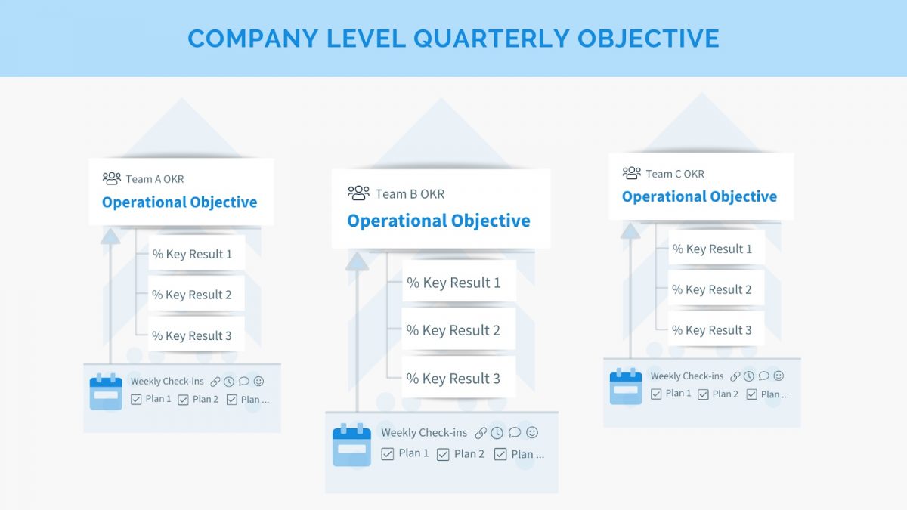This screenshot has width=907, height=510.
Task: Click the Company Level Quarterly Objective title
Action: coord(453,39)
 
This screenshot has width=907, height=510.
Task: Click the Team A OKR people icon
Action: coord(112,178)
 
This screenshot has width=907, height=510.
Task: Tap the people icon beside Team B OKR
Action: coord(358,193)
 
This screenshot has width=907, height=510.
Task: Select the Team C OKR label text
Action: coord(675,174)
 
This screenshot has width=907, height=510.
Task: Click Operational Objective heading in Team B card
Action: coord(438,221)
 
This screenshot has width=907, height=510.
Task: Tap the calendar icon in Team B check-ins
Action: coord(351,445)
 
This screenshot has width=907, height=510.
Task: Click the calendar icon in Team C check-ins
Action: coord(625,386)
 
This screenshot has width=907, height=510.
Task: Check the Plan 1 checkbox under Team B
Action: coord(388,454)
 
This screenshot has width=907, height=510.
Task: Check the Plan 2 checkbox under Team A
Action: coord(183,400)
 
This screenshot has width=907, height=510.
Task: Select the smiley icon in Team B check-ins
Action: coord(532,432)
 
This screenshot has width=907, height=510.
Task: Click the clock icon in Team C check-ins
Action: coord(749,376)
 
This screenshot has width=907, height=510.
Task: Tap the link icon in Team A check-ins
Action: coord(215,382)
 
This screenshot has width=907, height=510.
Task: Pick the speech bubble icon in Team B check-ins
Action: coord(515,432)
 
